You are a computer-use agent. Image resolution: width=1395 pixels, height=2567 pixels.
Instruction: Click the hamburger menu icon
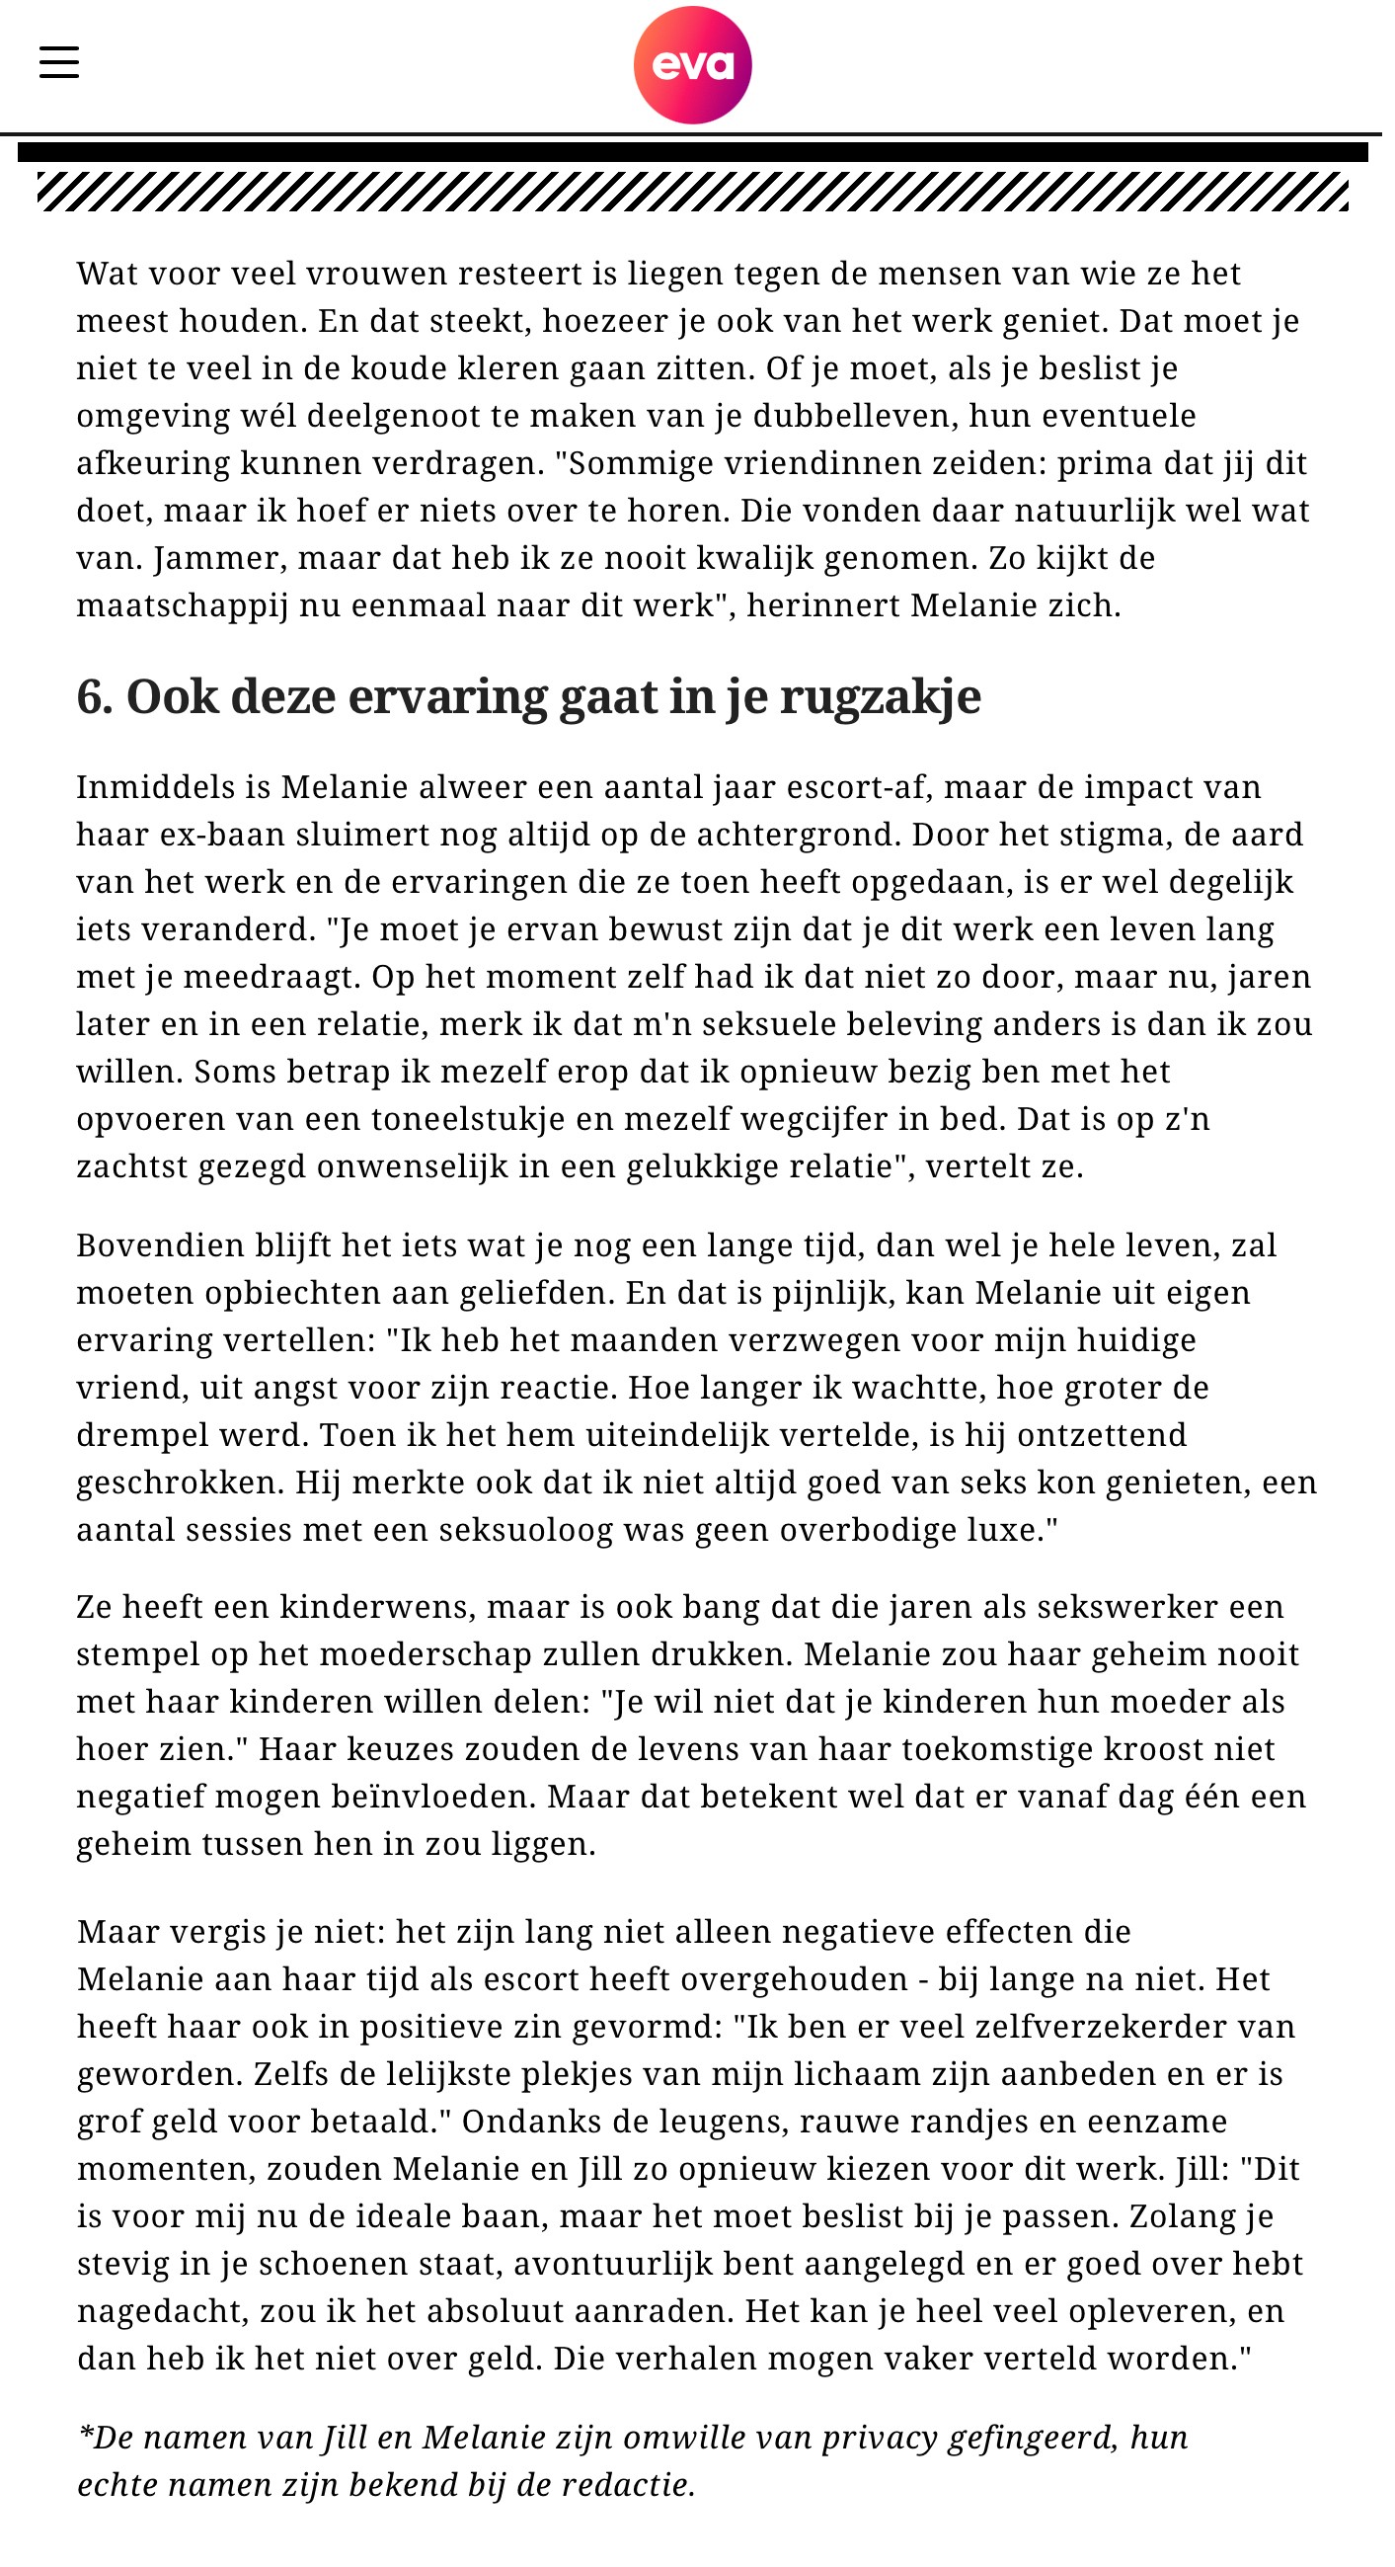59,62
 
